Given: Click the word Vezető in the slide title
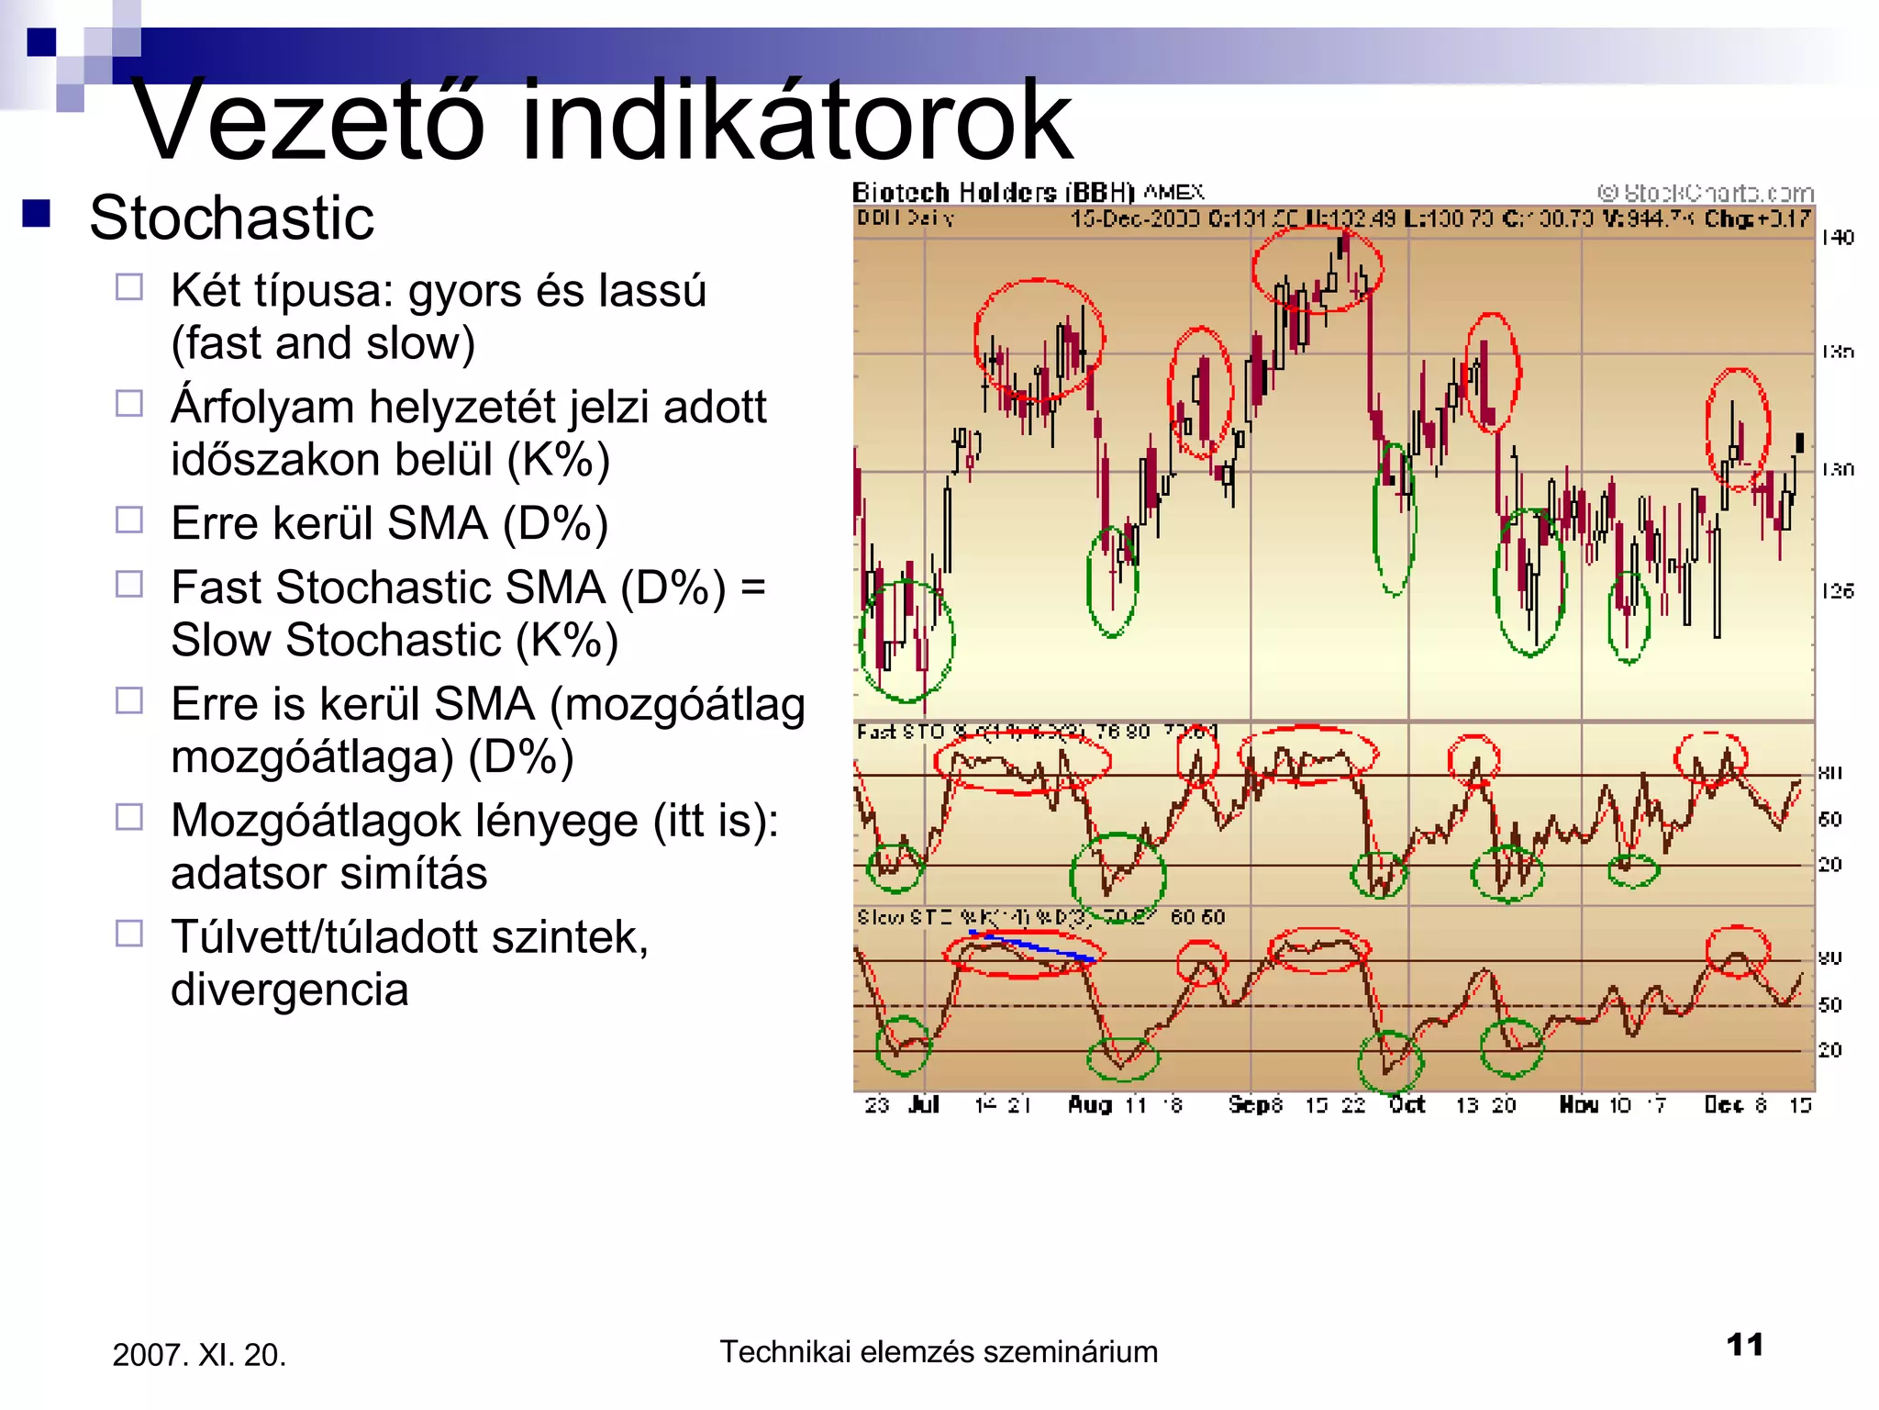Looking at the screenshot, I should (307, 121).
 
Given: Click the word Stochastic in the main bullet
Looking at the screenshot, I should (231, 218).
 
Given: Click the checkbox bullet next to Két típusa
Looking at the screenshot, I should (129, 287).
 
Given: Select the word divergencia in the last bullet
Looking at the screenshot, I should (289, 990).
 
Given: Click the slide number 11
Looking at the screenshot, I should (1744, 1345).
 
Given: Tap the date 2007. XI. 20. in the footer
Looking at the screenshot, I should (199, 1355).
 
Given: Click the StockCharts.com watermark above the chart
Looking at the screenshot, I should (1706, 193).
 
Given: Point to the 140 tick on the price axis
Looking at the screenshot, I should (1838, 238).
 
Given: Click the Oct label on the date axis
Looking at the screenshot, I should (1406, 1104).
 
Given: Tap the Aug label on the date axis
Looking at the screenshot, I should (1089, 1104).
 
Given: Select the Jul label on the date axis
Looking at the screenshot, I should (924, 1104).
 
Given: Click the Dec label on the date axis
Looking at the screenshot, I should (1723, 1104).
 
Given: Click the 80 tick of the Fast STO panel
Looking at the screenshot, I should (1830, 773).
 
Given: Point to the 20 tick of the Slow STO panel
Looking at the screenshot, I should (1830, 1050).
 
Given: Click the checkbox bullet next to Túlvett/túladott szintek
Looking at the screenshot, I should (129, 934).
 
